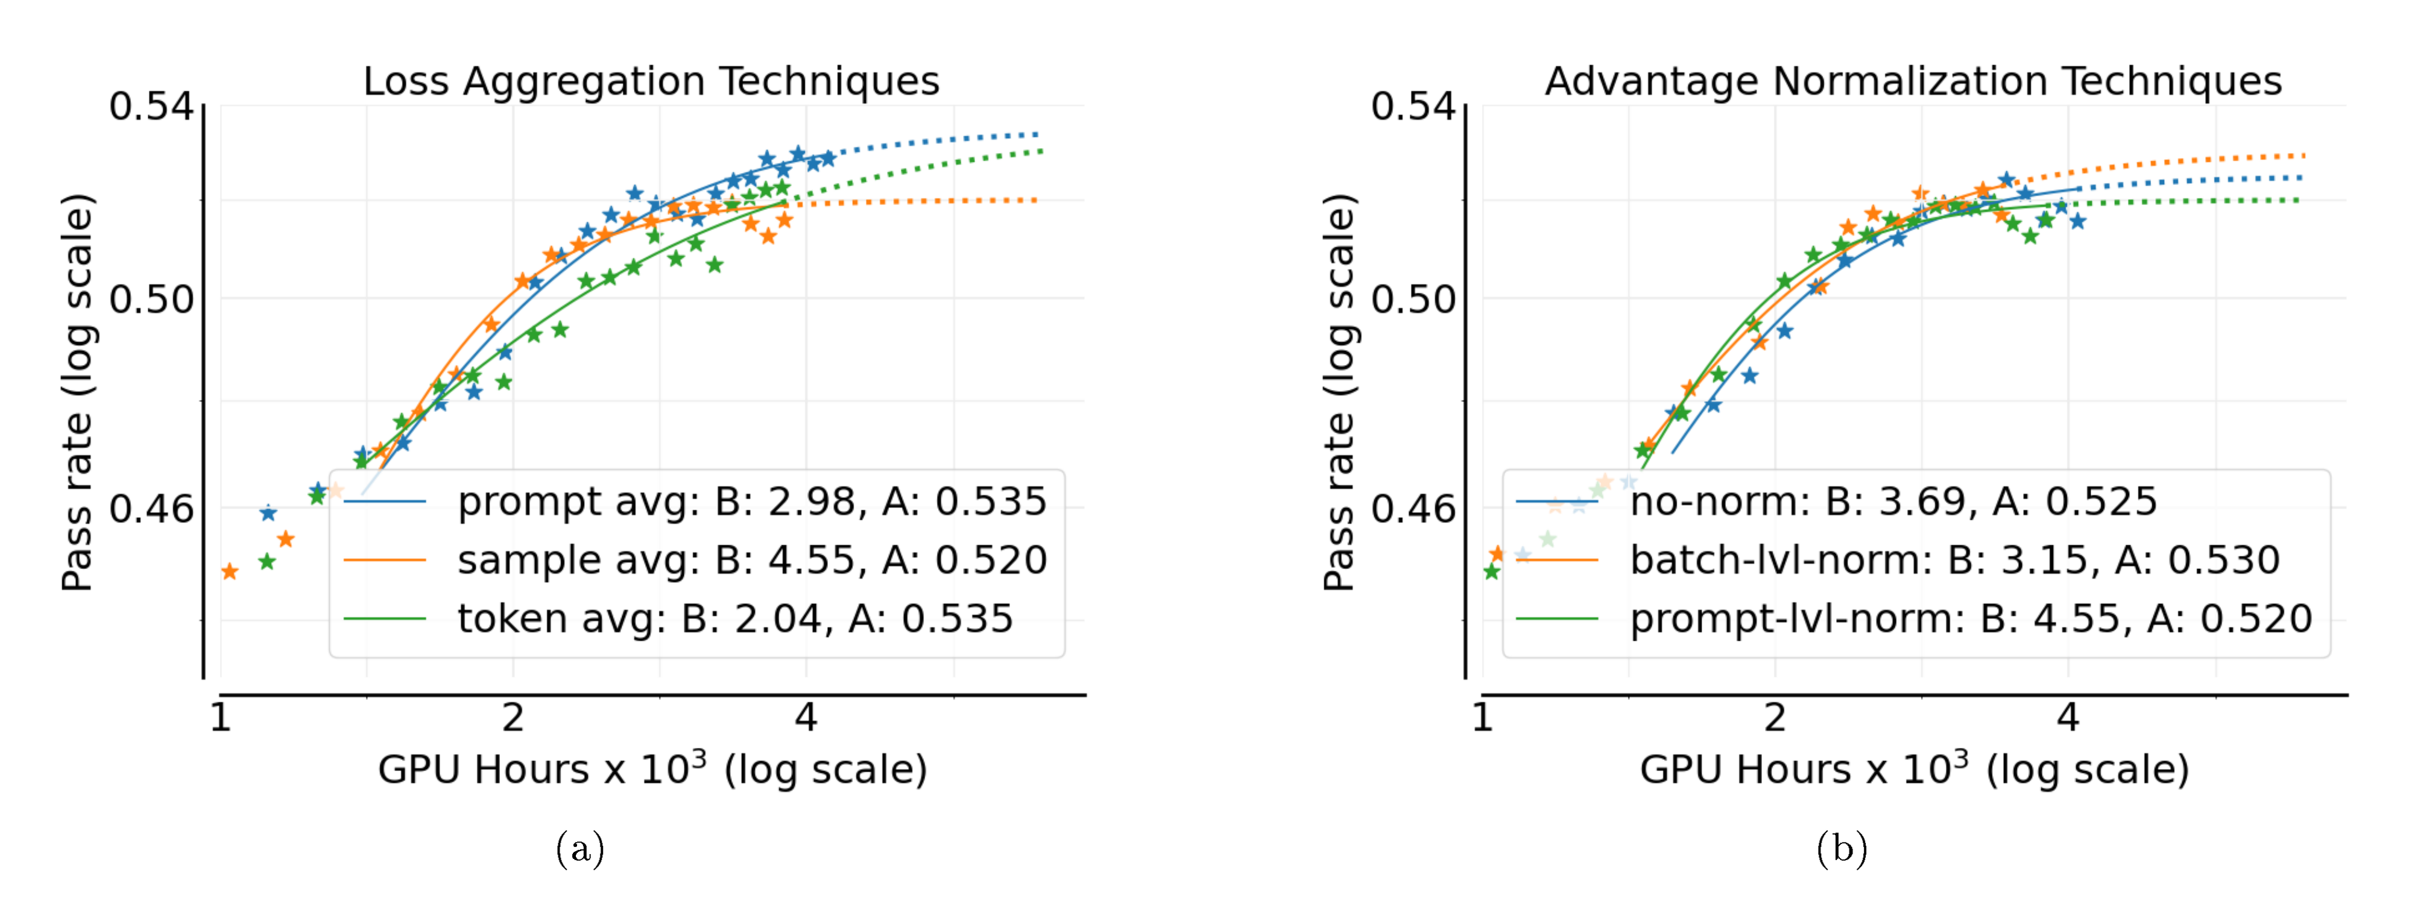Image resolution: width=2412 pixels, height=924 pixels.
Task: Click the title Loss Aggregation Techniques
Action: (651, 81)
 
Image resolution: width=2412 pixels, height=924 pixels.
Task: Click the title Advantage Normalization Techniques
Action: (1913, 81)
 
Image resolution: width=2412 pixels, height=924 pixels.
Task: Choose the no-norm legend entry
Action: (1892, 502)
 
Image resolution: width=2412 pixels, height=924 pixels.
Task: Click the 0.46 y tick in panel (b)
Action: (1413, 509)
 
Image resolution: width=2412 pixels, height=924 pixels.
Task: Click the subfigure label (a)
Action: (579, 849)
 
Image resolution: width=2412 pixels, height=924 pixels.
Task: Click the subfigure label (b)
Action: (1842, 849)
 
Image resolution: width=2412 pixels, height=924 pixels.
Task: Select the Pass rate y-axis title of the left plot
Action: (78, 393)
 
